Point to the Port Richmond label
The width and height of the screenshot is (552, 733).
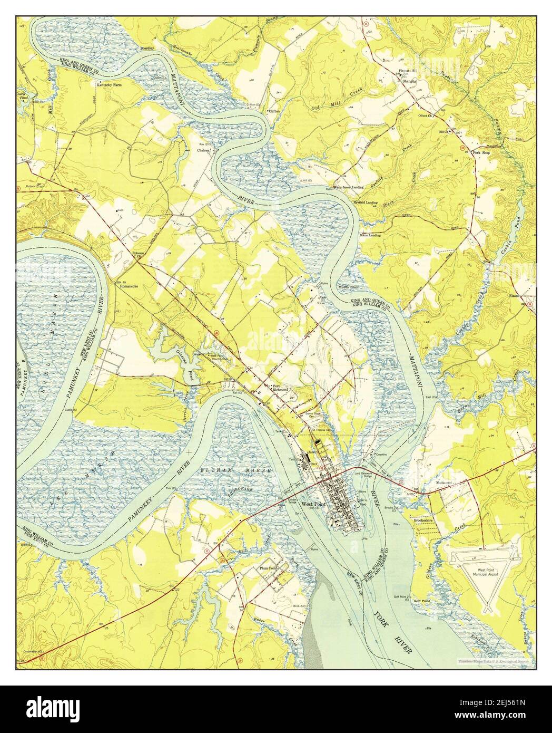(280, 388)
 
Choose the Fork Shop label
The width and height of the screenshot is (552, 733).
(481, 152)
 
